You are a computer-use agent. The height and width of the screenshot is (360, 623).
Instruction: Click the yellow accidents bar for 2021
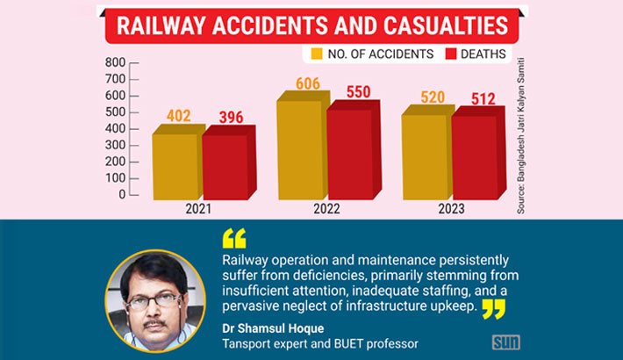pyautogui.click(x=175, y=167)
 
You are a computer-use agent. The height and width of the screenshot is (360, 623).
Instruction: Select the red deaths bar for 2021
pyautogui.click(x=226, y=167)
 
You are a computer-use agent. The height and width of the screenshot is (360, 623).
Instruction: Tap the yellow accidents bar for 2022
pyautogui.click(x=299, y=149)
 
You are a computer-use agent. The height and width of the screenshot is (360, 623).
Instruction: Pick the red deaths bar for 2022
pyautogui.click(x=350, y=154)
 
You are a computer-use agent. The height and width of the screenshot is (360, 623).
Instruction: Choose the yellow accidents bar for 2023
pyautogui.click(x=425, y=156)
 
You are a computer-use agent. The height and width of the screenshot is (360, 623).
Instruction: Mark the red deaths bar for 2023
pyautogui.click(x=475, y=158)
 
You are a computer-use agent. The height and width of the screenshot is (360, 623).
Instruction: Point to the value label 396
pyautogui.click(x=230, y=117)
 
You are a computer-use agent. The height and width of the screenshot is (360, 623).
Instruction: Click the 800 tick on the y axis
pyautogui.click(x=115, y=62)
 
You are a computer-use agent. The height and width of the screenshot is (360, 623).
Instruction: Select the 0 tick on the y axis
pyautogui.click(x=122, y=194)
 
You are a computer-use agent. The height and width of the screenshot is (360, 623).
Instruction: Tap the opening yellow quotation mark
pyautogui.click(x=234, y=238)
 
